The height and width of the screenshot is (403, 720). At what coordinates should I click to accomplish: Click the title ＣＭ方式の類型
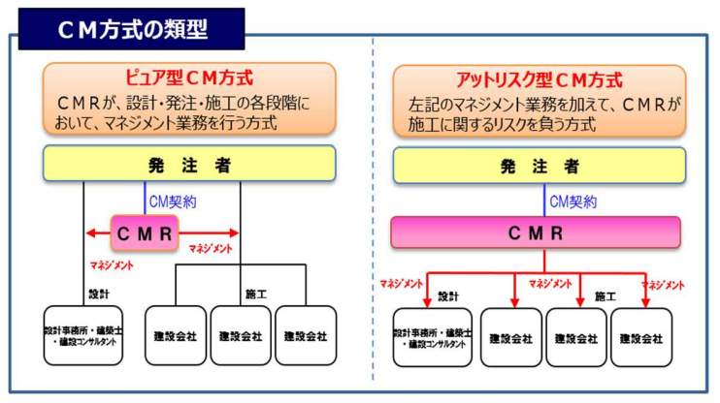click(134, 28)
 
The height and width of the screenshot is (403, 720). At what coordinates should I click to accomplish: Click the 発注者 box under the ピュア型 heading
click(189, 164)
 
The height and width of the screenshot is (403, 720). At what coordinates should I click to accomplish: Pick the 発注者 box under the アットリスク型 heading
click(539, 165)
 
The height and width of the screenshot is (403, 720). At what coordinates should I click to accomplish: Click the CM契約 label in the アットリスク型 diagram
click(573, 201)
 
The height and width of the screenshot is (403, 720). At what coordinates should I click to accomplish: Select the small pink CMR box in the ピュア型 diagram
click(145, 232)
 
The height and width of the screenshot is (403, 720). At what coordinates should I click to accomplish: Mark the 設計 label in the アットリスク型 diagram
click(447, 296)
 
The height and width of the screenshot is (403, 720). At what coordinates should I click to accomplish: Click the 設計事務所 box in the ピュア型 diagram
click(83, 335)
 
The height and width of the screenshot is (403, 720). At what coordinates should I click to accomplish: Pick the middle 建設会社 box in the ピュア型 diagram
click(240, 336)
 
